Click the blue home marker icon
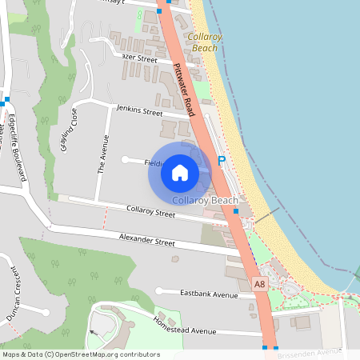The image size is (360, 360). click(180, 172)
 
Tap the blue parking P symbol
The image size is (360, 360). click(222, 161)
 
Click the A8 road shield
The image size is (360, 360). click(259, 284)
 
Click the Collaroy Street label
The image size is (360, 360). click(151, 213)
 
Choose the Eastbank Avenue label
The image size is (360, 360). click(210, 294)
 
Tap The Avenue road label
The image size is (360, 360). click(102, 154)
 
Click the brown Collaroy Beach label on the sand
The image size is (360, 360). click(203, 42)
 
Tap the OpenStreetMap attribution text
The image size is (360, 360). click(80, 354)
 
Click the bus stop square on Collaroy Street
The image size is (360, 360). click(236, 211)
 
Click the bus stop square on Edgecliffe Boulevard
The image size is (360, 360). click(6, 100)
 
